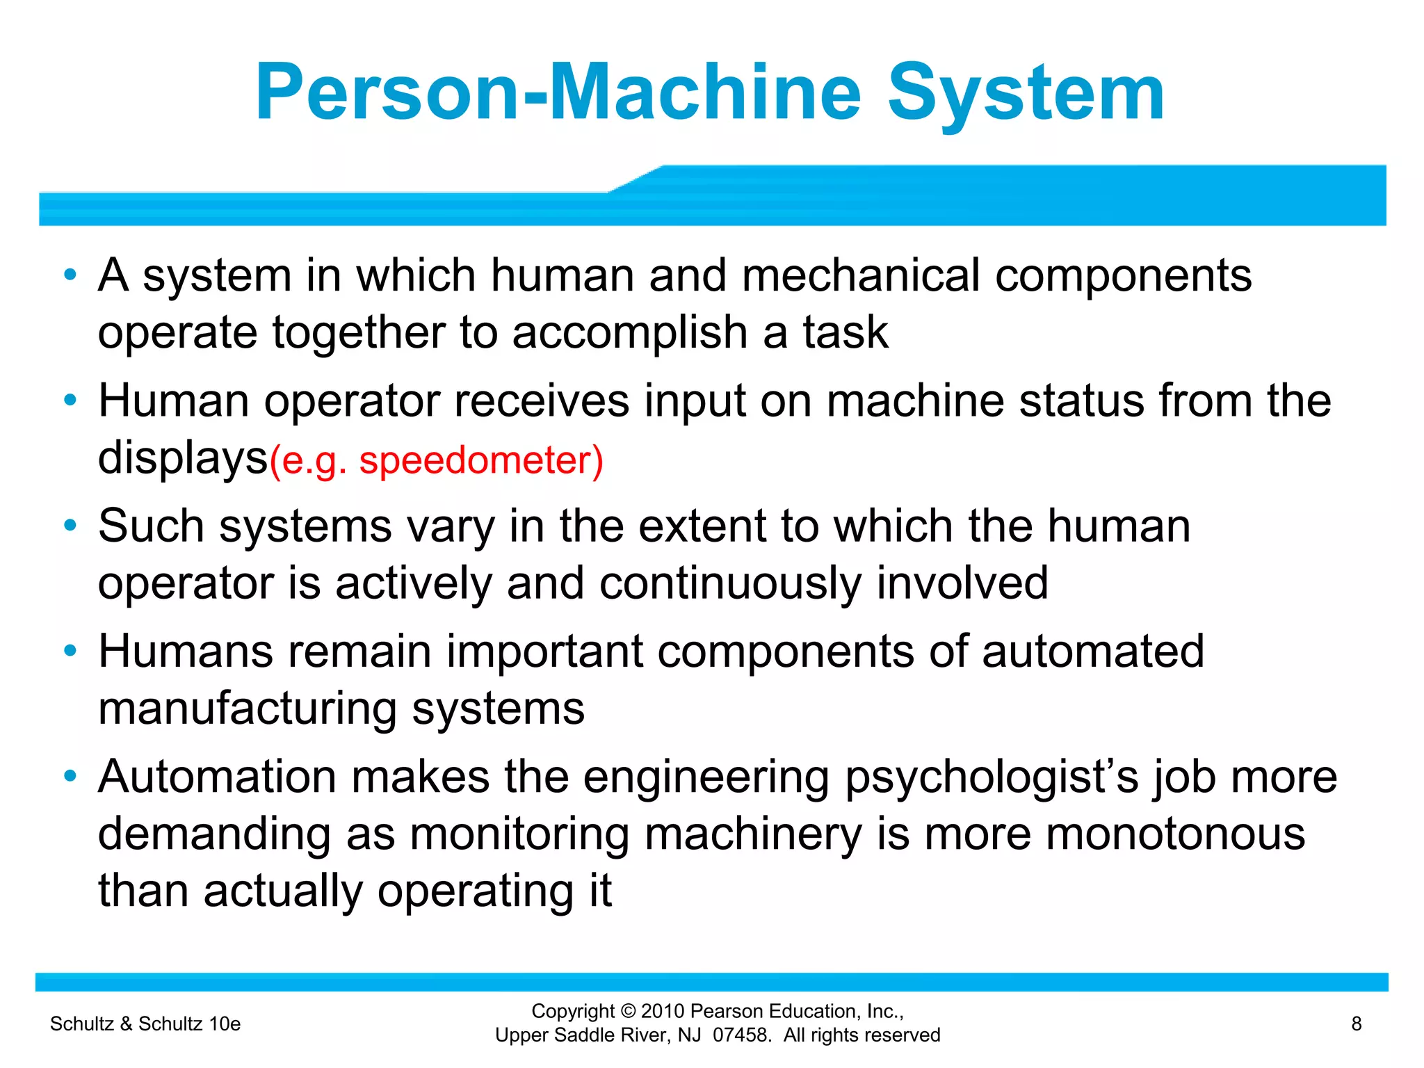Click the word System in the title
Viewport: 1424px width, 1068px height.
[x=1026, y=94]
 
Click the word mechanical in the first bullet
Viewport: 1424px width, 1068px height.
[x=861, y=275]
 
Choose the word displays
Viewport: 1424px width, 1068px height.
[x=183, y=459]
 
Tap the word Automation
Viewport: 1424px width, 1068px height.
[x=218, y=777]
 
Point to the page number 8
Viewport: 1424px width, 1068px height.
[x=1356, y=1023]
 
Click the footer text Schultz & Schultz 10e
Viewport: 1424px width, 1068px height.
[x=145, y=1023]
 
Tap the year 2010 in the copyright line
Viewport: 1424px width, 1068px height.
[x=663, y=1011]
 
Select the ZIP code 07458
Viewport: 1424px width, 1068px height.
[x=741, y=1035]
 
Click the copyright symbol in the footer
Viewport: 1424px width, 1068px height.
[x=628, y=1011]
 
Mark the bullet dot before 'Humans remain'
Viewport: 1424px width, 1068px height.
[x=70, y=651]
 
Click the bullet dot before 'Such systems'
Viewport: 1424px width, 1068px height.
[x=70, y=526]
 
